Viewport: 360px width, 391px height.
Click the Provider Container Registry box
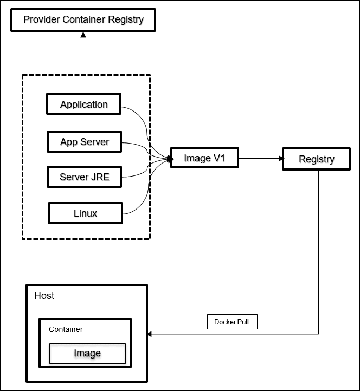tap(83, 20)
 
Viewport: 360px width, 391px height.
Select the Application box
tap(84, 104)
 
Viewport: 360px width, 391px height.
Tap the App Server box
tap(84, 142)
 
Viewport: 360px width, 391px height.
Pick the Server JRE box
tap(84, 177)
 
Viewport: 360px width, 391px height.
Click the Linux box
tap(86, 213)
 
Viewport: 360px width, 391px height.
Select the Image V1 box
tap(204, 158)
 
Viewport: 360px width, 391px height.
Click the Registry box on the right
tap(317, 159)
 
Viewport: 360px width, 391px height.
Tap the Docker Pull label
tap(232, 322)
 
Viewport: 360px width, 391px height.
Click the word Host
tap(44, 296)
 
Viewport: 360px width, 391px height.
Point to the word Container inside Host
tap(66, 329)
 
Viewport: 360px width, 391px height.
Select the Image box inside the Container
tap(87, 353)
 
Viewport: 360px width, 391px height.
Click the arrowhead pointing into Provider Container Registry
tap(83, 34)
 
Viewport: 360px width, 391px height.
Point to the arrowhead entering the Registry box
tap(280, 159)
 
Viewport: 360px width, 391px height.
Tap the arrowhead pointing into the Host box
tap(151, 334)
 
